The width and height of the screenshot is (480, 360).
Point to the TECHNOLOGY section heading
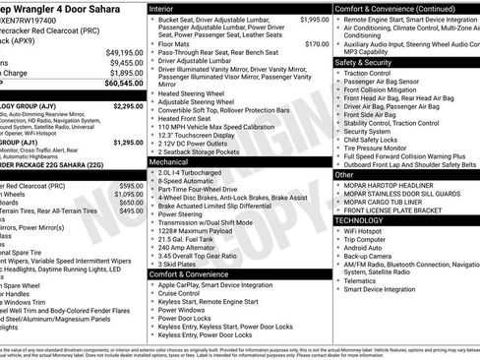click(x=360, y=220)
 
